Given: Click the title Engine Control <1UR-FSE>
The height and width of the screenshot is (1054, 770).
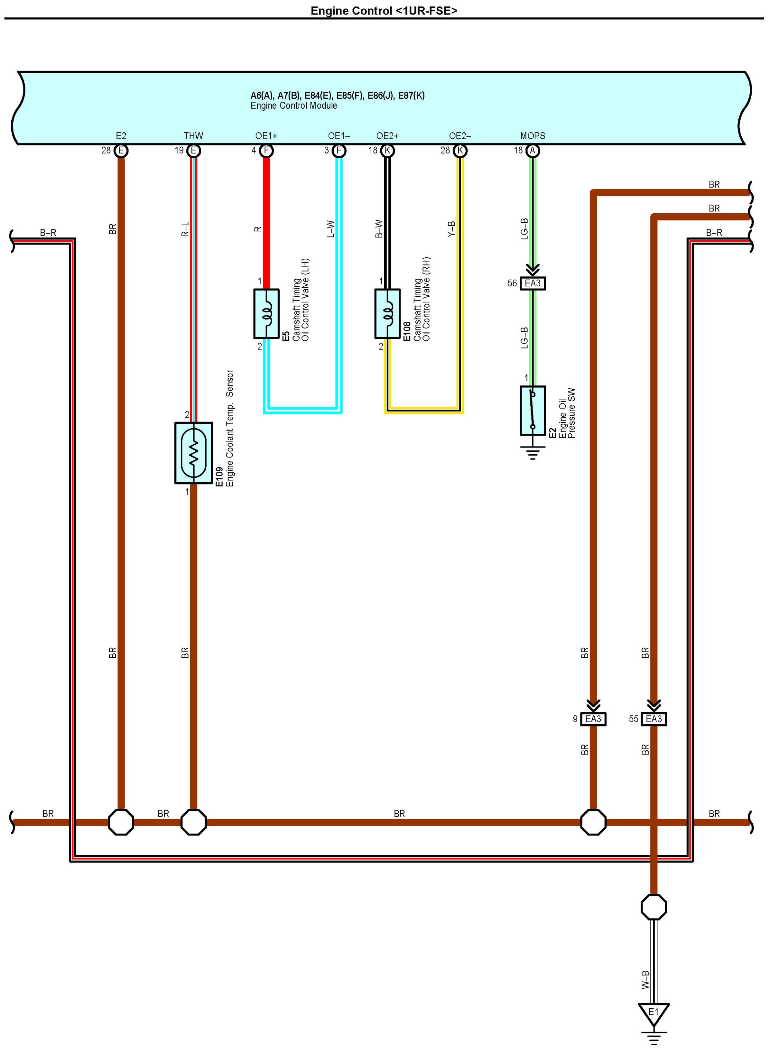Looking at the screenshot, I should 384,11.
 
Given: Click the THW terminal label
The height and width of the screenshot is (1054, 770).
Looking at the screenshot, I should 193,136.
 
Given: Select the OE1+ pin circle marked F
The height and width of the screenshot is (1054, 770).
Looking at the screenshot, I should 267,150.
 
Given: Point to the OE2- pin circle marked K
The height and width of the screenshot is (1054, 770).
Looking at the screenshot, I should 460,150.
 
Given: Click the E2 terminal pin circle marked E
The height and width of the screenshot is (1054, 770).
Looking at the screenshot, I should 121,150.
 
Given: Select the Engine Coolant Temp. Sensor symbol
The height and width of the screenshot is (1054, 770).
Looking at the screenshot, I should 193,453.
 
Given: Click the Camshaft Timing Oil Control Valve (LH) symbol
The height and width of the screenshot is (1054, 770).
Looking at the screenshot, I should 267,314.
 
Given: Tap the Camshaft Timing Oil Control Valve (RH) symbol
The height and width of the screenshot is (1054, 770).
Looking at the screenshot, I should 387,314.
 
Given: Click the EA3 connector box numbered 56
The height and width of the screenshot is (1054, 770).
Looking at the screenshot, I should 533,283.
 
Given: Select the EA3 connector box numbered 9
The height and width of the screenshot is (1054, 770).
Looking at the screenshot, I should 593,719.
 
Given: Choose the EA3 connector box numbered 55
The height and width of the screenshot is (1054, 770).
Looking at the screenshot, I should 654,719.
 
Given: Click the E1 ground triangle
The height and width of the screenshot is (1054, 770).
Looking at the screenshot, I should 654,1012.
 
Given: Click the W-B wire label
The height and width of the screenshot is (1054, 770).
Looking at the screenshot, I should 645,980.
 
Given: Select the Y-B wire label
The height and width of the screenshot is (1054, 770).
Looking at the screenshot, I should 451,229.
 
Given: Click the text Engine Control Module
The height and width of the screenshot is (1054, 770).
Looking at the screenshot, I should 294,106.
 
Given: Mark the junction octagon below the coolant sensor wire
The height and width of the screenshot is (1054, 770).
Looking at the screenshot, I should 193,822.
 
